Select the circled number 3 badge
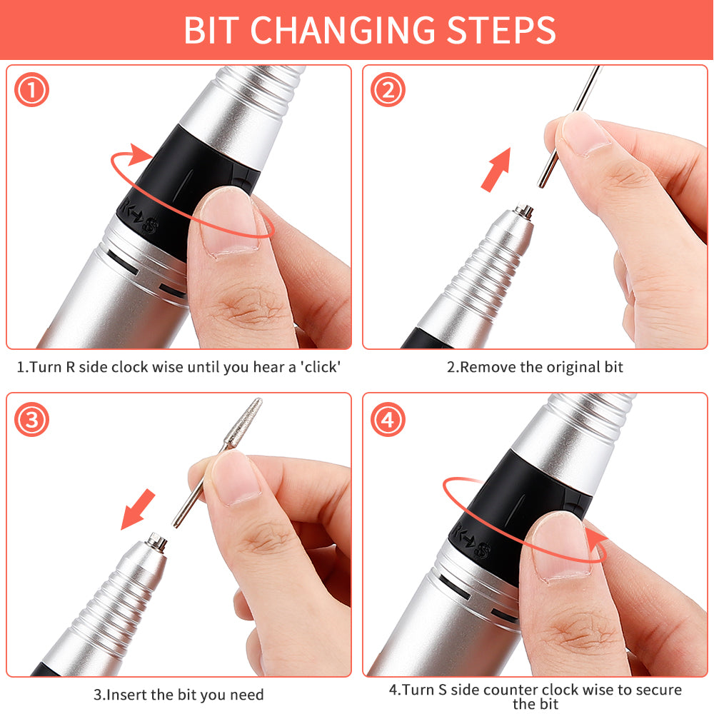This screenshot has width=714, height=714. pyautogui.click(x=31, y=420)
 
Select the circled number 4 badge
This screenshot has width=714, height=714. pyautogui.click(x=388, y=420)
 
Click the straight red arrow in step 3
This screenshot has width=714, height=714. pyautogui.click(x=138, y=509)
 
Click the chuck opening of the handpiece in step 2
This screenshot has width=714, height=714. pyautogui.click(x=525, y=211)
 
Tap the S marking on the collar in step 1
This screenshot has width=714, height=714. pyautogui.click(x=149, y=228)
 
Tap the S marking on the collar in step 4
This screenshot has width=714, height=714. pyautogui.click(x=483, y=551)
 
